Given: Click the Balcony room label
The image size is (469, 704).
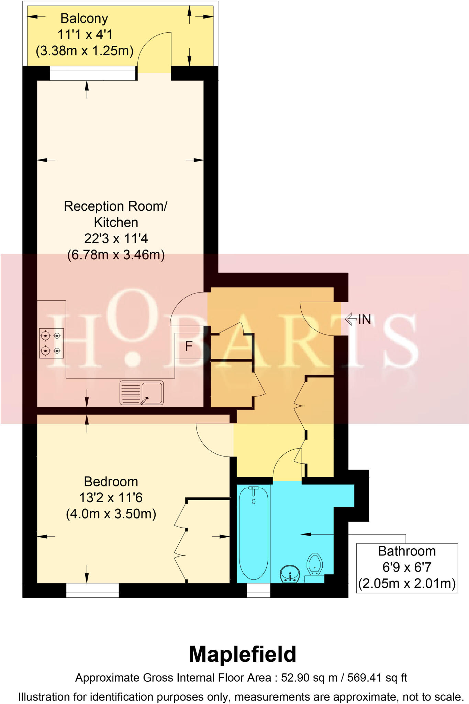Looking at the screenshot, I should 84,19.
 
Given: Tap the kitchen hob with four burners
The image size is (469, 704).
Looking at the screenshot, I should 52,343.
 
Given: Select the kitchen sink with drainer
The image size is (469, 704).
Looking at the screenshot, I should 141,392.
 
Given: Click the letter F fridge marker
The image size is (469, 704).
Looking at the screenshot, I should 188,346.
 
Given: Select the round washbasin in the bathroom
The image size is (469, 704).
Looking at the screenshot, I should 290,573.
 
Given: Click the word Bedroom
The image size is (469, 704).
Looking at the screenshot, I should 111,482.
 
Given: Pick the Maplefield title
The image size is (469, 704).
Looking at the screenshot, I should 242,654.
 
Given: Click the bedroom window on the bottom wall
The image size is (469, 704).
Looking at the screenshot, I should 92,590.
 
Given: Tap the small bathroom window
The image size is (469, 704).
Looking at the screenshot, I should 258,590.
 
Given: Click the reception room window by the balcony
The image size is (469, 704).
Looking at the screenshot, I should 92,73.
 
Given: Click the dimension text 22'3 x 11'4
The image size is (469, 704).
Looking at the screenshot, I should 116,238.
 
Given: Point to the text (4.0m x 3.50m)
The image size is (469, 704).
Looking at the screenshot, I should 111,514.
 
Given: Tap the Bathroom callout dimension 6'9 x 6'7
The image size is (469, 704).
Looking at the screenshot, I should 406,567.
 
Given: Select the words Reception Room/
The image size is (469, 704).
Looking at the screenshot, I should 115,206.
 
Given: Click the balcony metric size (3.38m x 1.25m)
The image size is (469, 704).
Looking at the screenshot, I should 85,51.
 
